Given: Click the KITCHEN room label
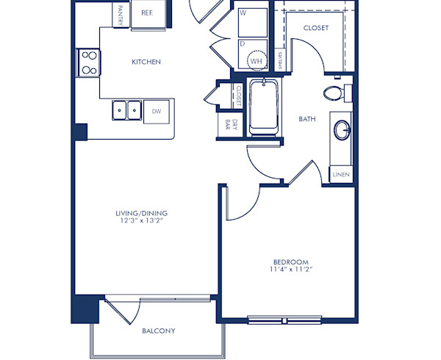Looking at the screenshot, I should (146, 62).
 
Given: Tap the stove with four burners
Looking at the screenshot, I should (88, 62).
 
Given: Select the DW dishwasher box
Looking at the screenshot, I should (157, 111).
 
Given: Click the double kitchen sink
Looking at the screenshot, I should (127, 111).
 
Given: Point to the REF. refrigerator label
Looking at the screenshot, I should (147, 12).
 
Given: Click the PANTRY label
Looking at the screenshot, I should (121, 12).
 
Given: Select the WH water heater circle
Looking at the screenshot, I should (256, 61).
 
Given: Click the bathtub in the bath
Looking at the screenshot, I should (262, 108).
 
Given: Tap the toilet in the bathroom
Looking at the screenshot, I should (335, 93).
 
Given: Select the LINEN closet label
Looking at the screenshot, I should (341, 175).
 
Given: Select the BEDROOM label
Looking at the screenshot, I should (290, 262).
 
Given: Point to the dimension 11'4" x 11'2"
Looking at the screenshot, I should (290, 270).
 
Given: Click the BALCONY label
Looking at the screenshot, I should (158, 331).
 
